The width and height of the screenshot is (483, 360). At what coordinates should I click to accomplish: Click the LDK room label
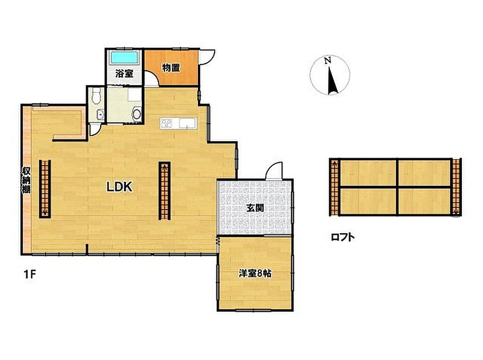click(x=119, y=187)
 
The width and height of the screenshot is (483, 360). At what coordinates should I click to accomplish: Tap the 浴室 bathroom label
click(x=125, y=74)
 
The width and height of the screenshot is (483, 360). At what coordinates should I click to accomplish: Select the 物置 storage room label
click(x=171, y=68)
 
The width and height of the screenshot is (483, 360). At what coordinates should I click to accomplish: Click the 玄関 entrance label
click(x=255, y=208)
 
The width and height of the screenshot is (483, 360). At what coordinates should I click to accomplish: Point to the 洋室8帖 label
click(x=255, y=273)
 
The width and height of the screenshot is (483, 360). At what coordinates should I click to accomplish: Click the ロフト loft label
click(x=342, y=237)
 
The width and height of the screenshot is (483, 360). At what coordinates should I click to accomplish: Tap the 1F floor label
click(x=30, y=274)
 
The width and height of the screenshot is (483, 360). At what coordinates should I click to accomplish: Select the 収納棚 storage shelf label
click(x=26, y=180)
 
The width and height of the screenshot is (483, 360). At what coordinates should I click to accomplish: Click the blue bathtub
click(x=125, y=58)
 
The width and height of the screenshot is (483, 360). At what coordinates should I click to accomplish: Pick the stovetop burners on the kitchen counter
click(x=167, y=123)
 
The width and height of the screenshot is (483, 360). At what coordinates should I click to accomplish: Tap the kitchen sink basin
click(x=186, y=123)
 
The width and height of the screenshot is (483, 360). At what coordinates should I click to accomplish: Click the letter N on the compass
click(x=328, y=61)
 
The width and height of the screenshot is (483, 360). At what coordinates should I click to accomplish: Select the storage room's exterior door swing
click(x=208, y=58)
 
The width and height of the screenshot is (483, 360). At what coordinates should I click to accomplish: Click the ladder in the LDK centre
click(x=165, y=191)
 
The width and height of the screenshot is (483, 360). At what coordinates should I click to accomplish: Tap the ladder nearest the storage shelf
click(x=45, y=189)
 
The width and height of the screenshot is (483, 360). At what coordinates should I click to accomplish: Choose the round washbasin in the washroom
click(x=137, y=114)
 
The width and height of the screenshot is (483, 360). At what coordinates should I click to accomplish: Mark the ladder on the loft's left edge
click(x=334, y=187)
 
